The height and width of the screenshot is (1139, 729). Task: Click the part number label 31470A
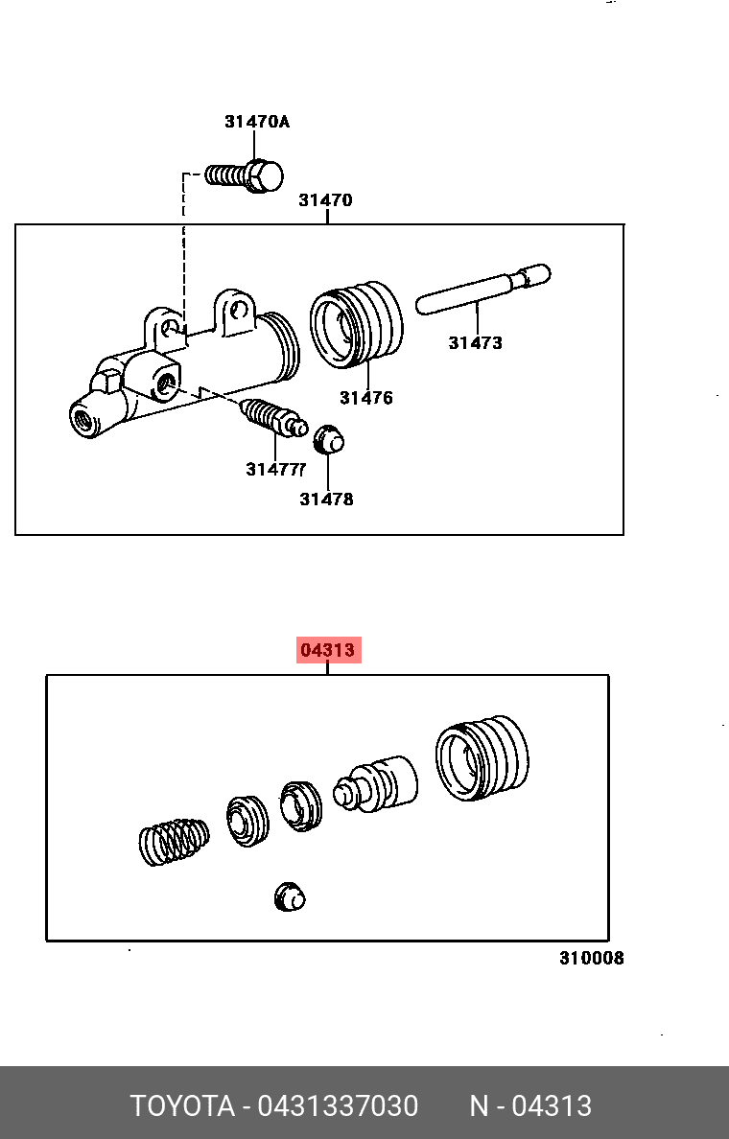click(x=256, y=122)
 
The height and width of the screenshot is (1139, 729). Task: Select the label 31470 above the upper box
click(x=325, y=200)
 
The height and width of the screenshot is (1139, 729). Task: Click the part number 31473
click(x=475, y=342)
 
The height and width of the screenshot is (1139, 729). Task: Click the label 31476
click(x=365, y=398)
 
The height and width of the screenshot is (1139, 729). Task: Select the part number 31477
click(x=275, y=470)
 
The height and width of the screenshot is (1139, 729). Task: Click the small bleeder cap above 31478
click(x=329, y=438)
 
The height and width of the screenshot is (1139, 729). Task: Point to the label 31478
click(x=326, y=499)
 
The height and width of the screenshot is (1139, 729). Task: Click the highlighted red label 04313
click(x=328, y=650)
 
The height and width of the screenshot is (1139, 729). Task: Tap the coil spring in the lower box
click(x=174, y=841)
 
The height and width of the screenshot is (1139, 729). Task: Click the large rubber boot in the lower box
click(x=482, y=757)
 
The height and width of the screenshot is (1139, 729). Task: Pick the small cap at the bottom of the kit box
click(x=290, y=896)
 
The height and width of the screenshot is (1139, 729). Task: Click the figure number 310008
click(x=592, y=958)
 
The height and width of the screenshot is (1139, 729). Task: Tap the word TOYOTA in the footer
click(x=182, y=1106)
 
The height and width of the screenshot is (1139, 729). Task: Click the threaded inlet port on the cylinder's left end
click(x=83, y=419)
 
